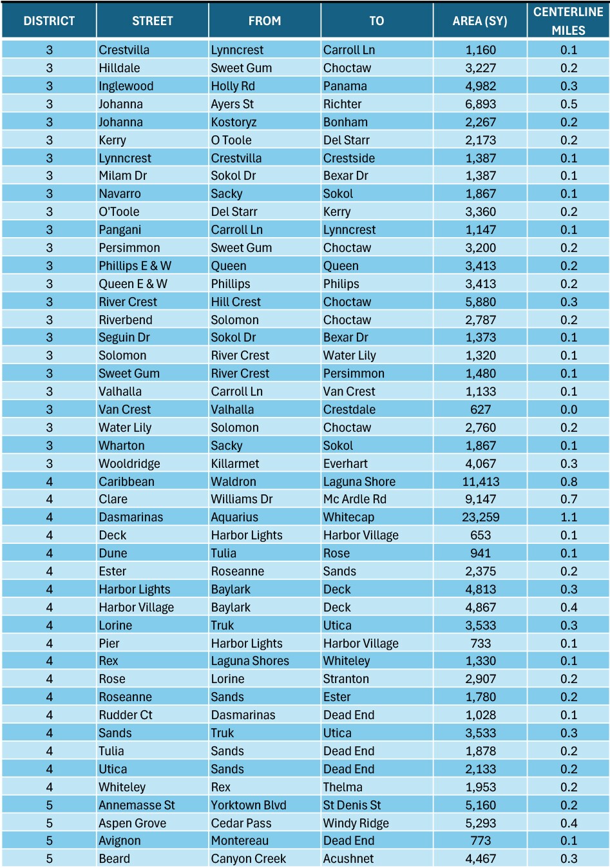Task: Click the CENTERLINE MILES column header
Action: [568, 21]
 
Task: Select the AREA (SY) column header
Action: [480, 21]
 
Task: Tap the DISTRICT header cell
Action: [49, 21]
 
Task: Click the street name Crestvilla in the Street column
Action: [124, 50]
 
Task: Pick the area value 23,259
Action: [481, 517]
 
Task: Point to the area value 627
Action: [481, 409]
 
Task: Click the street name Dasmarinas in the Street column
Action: [131, 517]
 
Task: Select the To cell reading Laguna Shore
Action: [359, 481]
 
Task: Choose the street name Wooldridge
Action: [129, 463]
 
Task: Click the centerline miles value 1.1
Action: [569, 517]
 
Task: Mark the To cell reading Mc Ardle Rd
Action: [355, 499]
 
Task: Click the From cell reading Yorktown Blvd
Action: [249, 805]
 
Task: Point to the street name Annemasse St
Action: [137, 805]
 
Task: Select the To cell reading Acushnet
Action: [348, 858]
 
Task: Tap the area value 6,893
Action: [481, 104]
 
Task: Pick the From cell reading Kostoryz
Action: [234, 122]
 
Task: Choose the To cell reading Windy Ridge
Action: [356, 823]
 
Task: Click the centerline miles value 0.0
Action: [569, 409]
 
